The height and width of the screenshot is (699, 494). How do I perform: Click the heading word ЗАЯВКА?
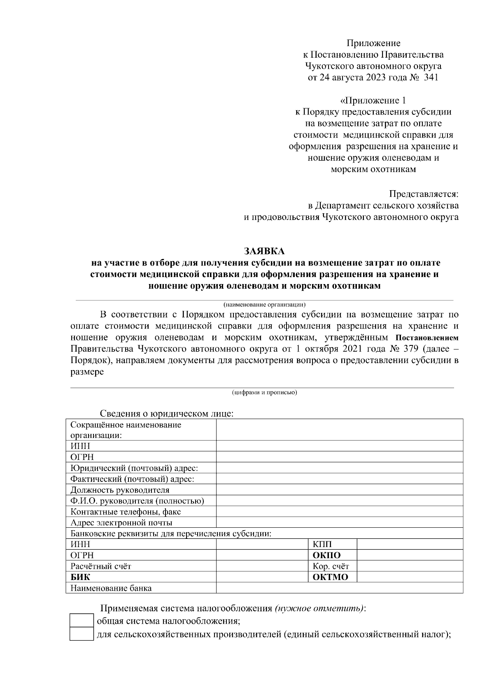click(264, 251)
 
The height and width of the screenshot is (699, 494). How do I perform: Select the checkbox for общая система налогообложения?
click(82, 621)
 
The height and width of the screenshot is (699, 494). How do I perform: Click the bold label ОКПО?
click(327, 555)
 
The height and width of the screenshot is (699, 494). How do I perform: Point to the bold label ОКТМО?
click(330, 577)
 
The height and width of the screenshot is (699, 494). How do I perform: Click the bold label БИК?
click(80, 577)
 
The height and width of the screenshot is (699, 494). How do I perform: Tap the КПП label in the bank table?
click(322, 544)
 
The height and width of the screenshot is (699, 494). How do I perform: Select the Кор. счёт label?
click(331, 566)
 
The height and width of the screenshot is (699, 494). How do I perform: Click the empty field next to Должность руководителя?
click(339, 490)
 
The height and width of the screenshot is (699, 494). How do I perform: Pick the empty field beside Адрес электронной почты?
click(339, 523)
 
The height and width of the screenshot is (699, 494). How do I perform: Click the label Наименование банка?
click(111, 588)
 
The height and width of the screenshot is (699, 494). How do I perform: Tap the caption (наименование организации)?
click(264, 305)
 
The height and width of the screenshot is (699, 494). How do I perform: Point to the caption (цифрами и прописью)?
click(264, 392)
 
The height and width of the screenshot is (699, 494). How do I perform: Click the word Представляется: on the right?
click(424, 193)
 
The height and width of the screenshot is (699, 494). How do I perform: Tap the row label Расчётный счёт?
click(101, 566)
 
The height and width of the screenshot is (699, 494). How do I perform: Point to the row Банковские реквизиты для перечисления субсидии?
click(171, 534)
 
